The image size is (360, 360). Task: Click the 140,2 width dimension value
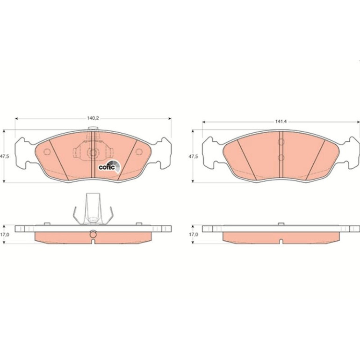pyautogui.click(x=93, y=118)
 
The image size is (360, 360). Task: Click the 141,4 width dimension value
pyautogui.click(x=281, y=122)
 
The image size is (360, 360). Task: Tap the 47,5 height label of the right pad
pyautogui.click(x=193, y=157)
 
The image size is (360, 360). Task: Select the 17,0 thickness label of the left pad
pyautogui.click(x=5, y=234)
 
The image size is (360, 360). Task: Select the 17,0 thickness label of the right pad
pyautogui.click(x=193, y=234)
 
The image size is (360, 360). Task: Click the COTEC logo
pyautogui.click(x=109, y=166)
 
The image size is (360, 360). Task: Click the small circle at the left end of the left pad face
pyautogui.click(x=47, y=152)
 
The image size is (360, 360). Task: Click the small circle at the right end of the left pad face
pyautogui.click(x=139, y=151)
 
